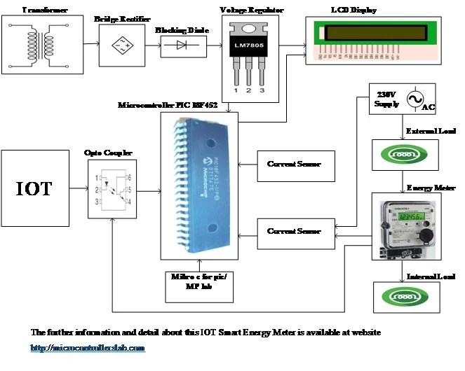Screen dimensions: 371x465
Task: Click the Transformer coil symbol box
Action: click(41, 43)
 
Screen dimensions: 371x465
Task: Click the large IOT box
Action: click(34, 188)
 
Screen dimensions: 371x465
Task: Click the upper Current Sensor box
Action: click(294, 164)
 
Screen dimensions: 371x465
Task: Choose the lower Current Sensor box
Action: click(294, 232)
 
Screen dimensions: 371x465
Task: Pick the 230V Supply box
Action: click(386, 99)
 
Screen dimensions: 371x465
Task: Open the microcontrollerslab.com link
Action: click(87, 348)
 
